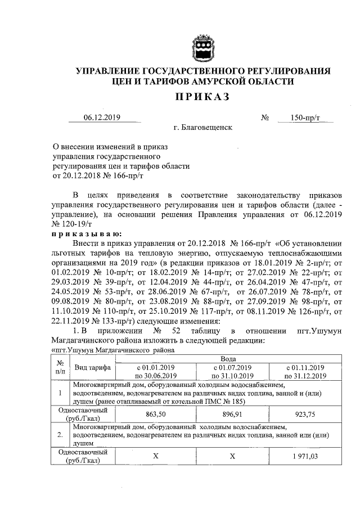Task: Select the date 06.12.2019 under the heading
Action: coord(102,118)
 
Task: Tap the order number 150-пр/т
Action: coord(305,118)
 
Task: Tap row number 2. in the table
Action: coord(60,435)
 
